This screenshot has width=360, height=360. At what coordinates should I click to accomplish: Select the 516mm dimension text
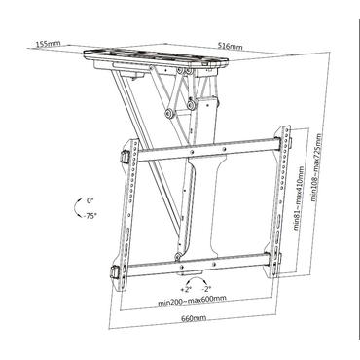(230, 46)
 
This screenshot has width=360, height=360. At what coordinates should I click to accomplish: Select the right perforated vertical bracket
(283, 199)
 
